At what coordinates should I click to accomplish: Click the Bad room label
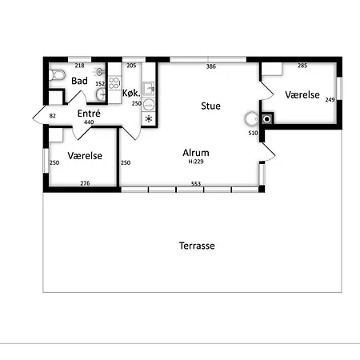(x=79, y=81)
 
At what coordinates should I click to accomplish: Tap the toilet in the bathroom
(x=57, y=74)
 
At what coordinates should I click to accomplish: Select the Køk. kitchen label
(x=131, y=93)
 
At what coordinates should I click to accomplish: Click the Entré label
(x=89, y=114)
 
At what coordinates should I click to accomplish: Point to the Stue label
(x=210, y=106)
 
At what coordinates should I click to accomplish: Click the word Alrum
(x=196, y=153)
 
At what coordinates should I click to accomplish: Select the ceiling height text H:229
(x=196, y=162)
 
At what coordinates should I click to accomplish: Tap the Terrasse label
(x=197, y=246)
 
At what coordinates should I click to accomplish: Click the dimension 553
(x=196, y=184)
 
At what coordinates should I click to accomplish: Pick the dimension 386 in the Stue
(x=211, y=66)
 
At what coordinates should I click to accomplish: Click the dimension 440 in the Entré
(x=89, y=122)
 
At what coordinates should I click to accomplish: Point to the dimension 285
(x=302, y=66)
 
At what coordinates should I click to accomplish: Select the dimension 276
(x=85, y=183)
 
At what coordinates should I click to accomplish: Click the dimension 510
(x=253, y=133)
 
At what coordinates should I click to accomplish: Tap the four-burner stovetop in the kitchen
(x=114, y=82)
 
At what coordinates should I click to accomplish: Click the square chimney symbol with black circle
(x=267, y=119)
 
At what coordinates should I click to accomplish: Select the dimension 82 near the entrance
(x=53, y=116)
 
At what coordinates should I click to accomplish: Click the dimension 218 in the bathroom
(x=79, y=66)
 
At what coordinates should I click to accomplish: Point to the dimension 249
(x=330, y=100)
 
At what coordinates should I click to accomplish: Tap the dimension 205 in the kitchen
(x=131, y=66)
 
